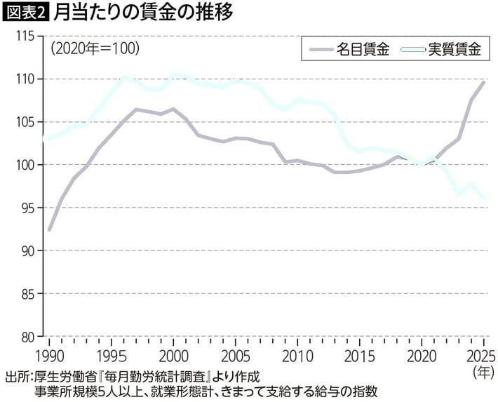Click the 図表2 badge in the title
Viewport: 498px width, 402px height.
coord(26,13)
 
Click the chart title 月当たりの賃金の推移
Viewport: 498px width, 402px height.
coord(143,13)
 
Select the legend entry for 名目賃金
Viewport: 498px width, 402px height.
coord(350,49)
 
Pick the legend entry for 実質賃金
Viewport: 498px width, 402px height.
coord(441,49)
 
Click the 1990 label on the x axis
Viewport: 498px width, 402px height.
coord(49,357)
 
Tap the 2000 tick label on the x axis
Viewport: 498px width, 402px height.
coord(173,357)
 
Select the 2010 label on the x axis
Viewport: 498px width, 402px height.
coord(297,357)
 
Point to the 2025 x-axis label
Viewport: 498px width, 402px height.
coord(481,357)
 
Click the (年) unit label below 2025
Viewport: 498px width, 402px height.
coord(484,372)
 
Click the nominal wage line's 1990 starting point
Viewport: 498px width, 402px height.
coord(49,229)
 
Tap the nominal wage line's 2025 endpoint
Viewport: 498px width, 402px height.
coord(483,82)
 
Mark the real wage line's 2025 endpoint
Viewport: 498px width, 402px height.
coord(484,199)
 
